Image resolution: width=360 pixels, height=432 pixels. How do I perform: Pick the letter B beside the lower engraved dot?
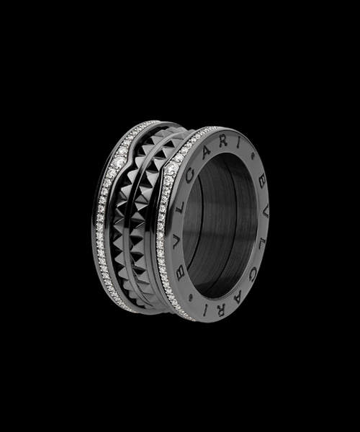point(181,273)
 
